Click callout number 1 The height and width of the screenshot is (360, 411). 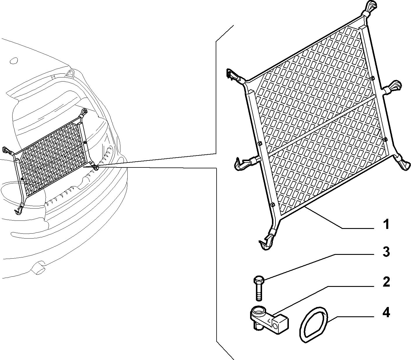coord(386,224)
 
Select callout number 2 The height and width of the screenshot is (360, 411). coord(386,282)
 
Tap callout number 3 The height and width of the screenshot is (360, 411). coord(386,252)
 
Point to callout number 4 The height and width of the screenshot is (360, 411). coord(386,312)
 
